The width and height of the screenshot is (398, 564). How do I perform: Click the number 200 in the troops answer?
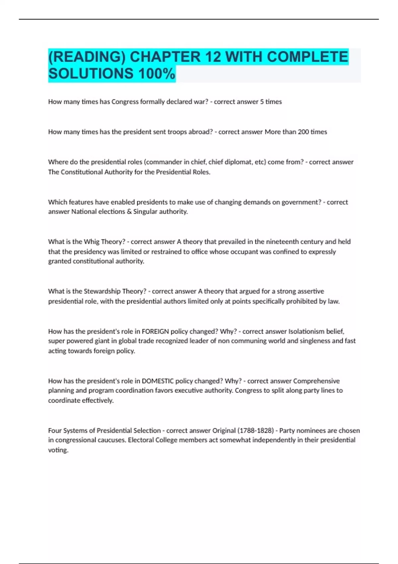(303, 132)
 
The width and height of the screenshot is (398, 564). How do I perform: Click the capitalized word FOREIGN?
(156, 331)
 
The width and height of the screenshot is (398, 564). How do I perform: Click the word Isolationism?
(306, 331)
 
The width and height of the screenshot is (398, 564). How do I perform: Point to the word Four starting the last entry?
(55, 430)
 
